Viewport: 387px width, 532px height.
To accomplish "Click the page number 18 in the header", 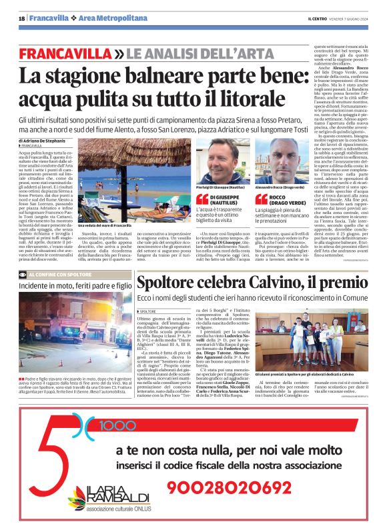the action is (21, 19).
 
